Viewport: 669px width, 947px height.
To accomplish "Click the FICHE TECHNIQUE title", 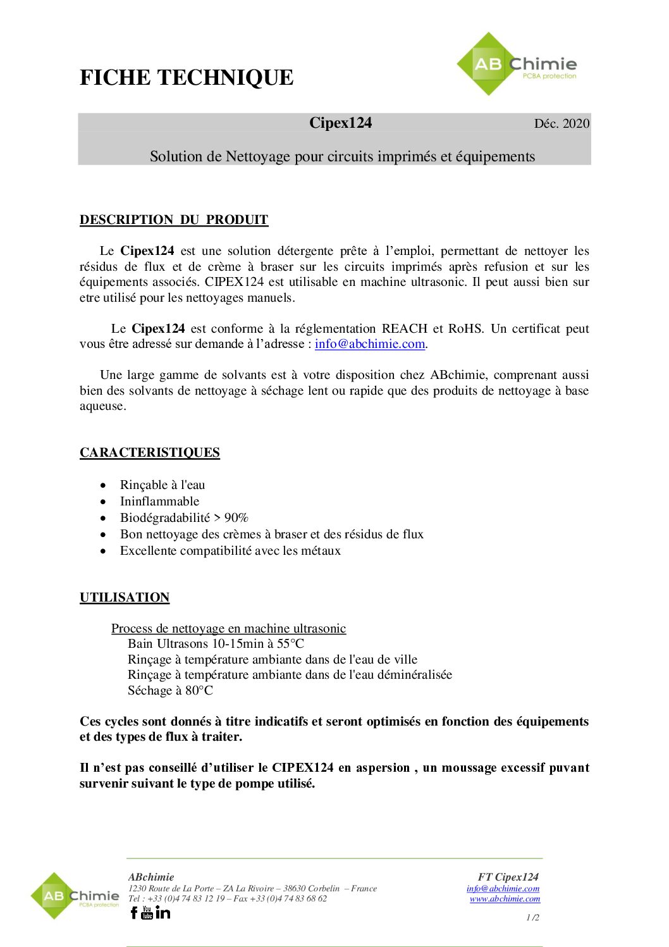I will pyautogui.click(x=187, y=77).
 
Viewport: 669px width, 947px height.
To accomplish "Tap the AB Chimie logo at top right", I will pyautogui.click(x=517, y=65).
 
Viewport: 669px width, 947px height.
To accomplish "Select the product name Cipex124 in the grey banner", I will pyautogui.click(x=340, y=123).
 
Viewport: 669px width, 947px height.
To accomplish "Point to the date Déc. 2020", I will pyautogui.click(x=562, y=123).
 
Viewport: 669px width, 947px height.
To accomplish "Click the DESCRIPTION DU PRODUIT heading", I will pyautogui.click(x=174, y=220).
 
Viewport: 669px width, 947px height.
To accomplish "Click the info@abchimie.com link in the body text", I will pyautogui.click(x=370, y=344).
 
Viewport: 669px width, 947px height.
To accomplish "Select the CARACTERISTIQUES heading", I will pyautogui.click(x=150, y=452).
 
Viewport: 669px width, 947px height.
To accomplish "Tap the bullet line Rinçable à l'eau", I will pyautogui.click(x=163, y=485).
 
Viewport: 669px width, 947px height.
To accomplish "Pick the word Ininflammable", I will pyautogui.click(x=159, y=501).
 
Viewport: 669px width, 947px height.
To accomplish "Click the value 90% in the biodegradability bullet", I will pyautogui.click(x=236, y=517).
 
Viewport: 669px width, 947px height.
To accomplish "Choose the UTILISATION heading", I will pyautogui.click(x=125, y=597).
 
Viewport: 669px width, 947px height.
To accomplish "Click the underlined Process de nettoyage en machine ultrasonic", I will pyautogui.click(x=228, y=628).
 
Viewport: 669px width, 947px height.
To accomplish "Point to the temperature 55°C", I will pyautogui.click(x=290, y=643).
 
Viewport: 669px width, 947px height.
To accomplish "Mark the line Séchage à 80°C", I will pyautogui.click(x=170, y=690).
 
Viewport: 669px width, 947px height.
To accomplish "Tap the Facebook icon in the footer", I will pyautogui.click(x=134, y=912).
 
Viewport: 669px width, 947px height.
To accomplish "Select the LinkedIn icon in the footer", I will pyautogui.click(x=163, y=912).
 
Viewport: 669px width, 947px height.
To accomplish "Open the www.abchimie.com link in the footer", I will pyautogui.click(x=505, y=898).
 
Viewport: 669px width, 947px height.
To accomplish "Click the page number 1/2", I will pyautogui.click(x=532, y=917).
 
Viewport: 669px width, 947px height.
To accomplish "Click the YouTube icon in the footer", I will pyautogui.click(x=147, y=912).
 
